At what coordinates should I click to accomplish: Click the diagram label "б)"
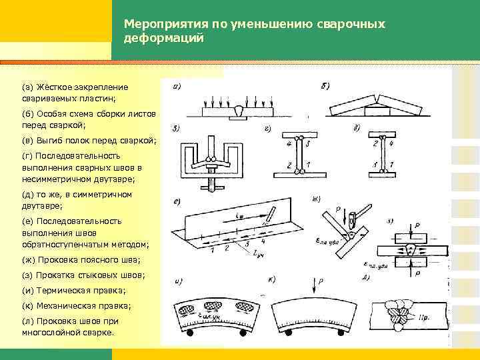tap(324, 85)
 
